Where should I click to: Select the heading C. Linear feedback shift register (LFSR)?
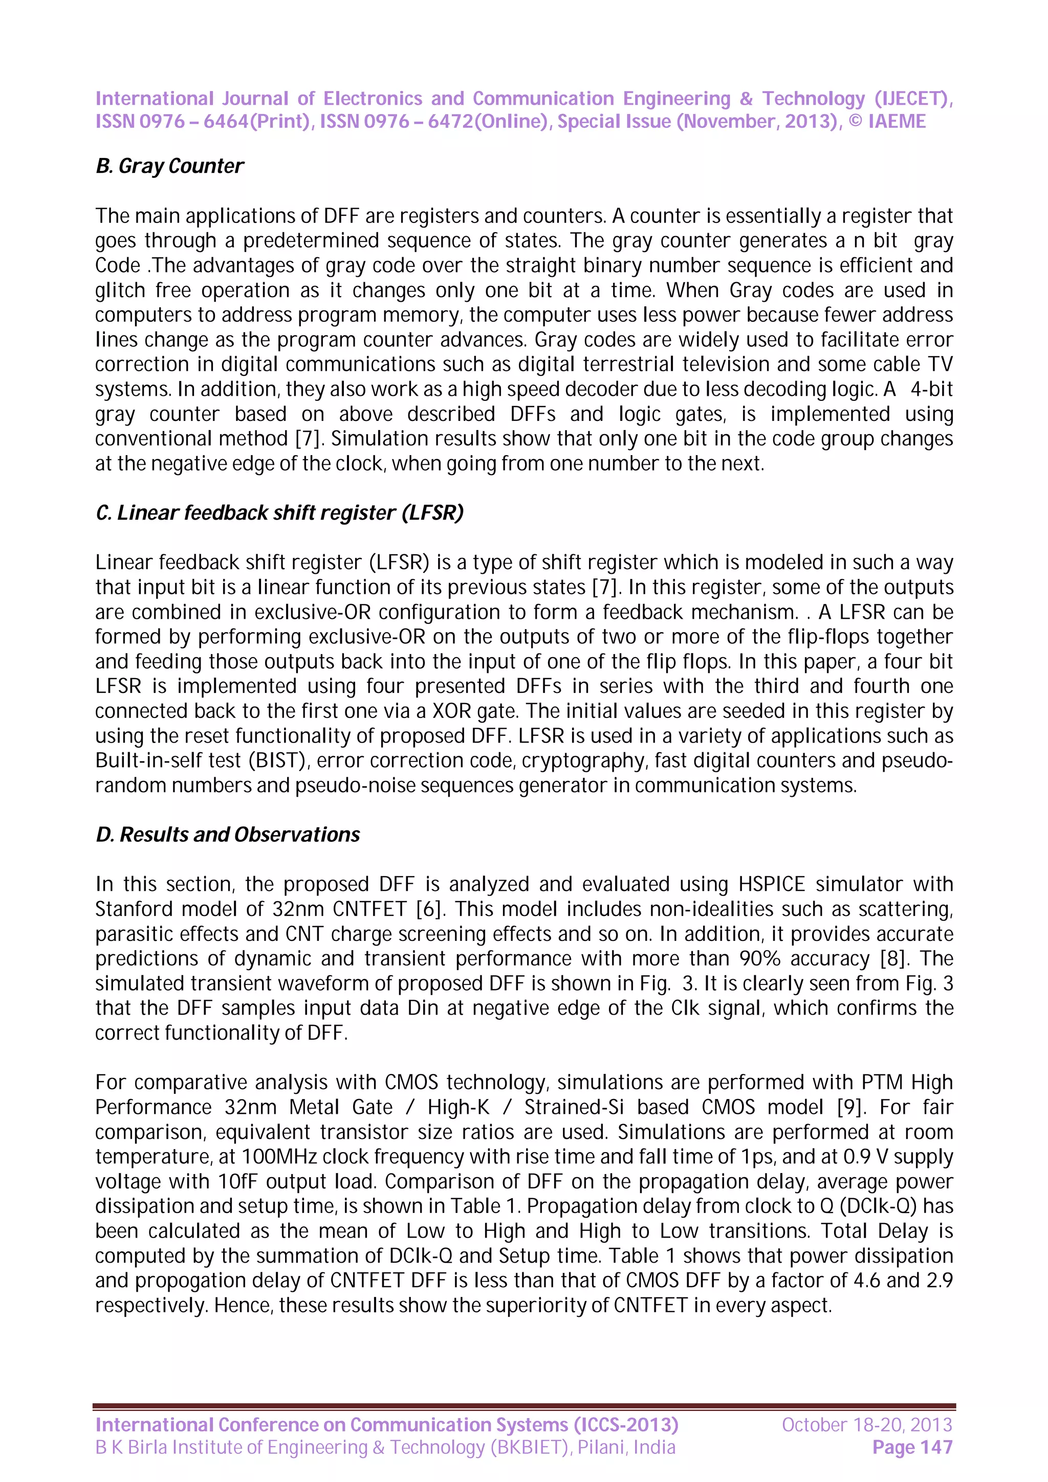(x=279, y=512)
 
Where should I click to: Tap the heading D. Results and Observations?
(x=227, y=835)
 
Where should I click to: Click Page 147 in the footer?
(x=912, y=1447)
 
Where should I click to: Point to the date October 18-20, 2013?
(x=866, y=1425)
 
